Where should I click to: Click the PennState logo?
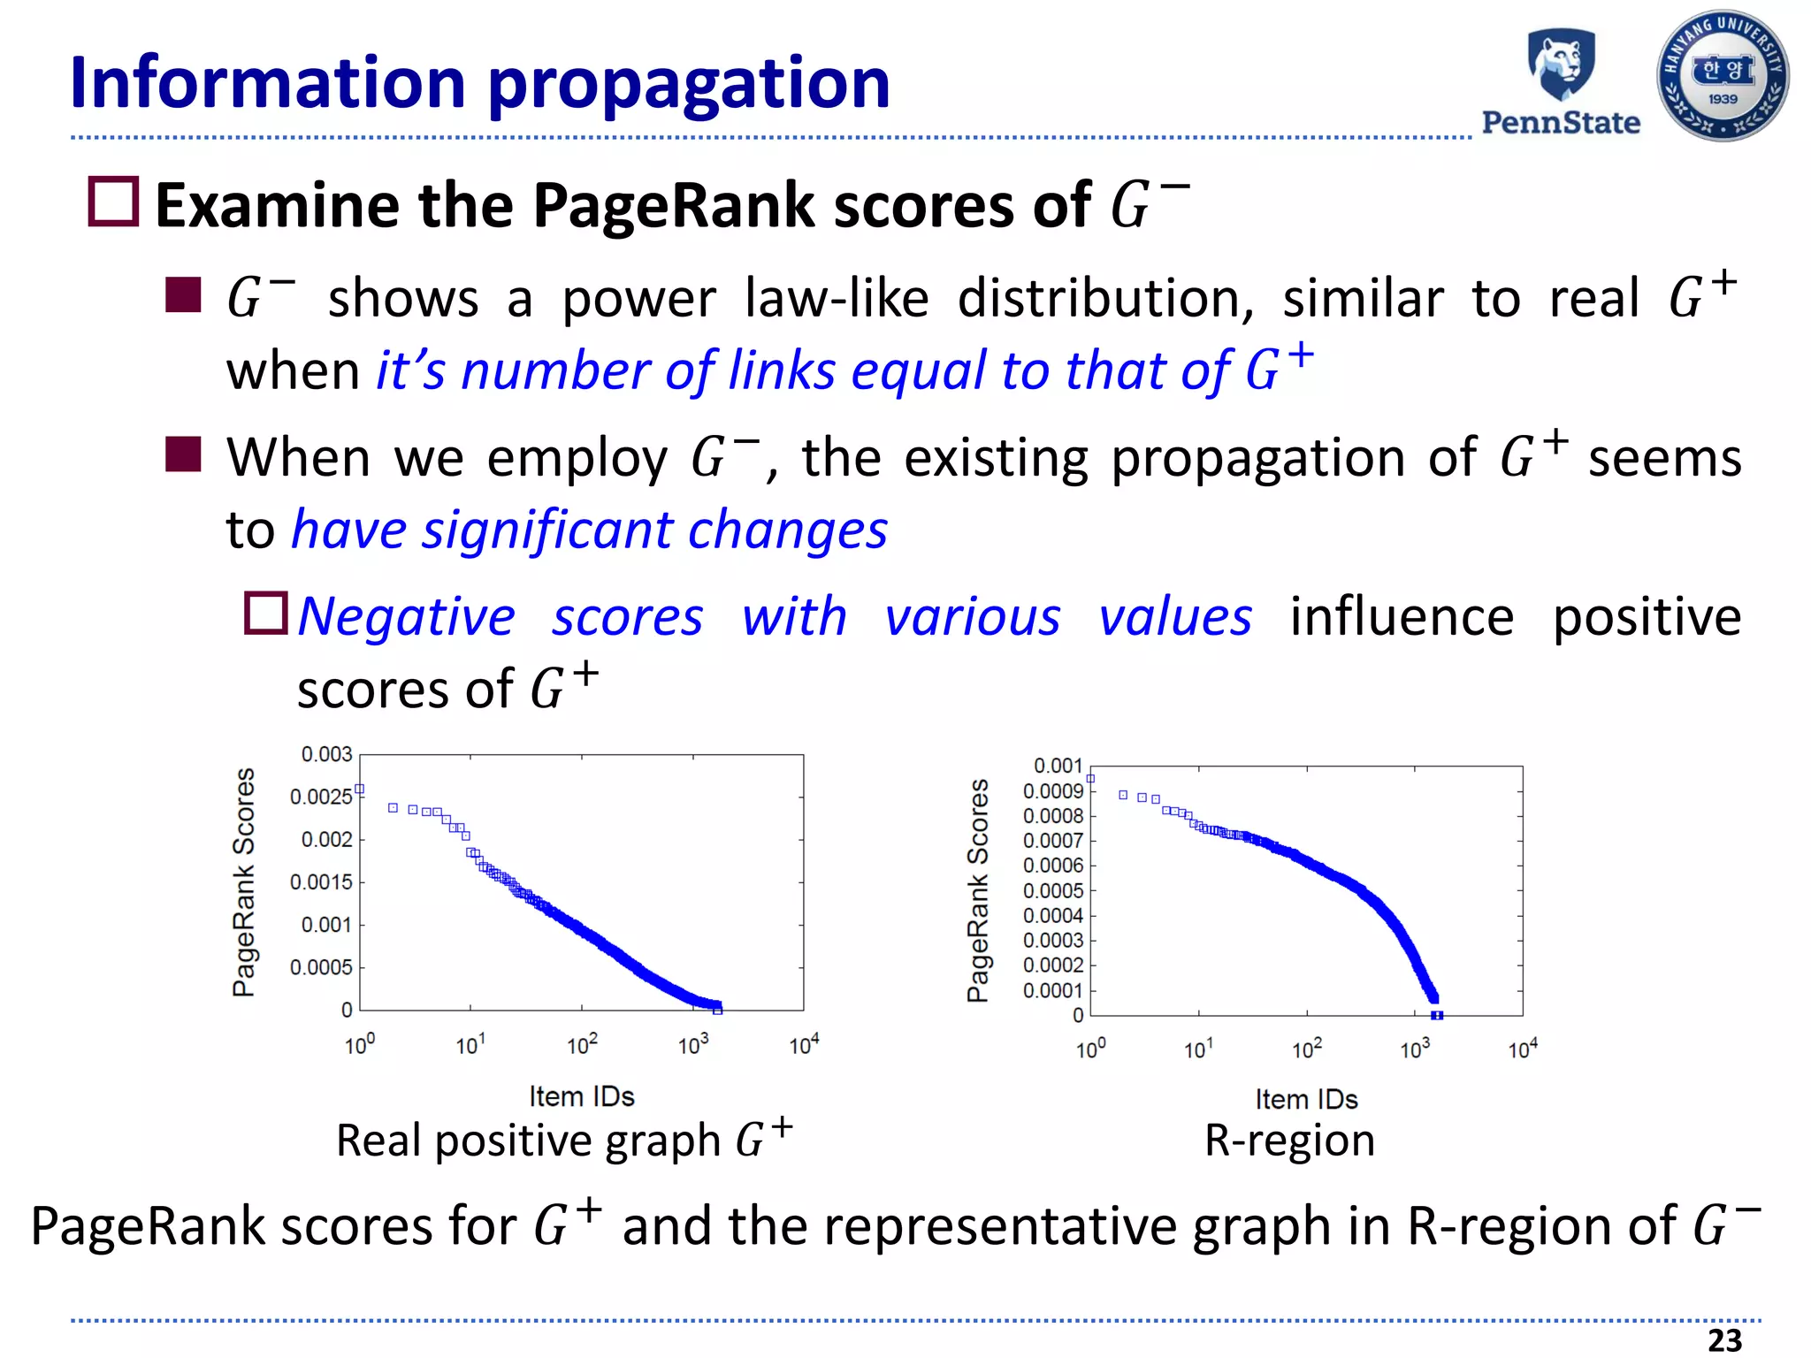(x=1561, y=81)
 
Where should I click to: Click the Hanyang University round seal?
(x=1723, y=77)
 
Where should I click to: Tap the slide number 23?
(x=1724, y=1340)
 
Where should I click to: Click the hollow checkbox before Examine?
(x=114, y=202)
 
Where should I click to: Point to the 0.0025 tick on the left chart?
(x=321, y=797)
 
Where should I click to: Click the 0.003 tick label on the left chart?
(x=326, y=754)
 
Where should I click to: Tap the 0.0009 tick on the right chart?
(x=1052, y=791)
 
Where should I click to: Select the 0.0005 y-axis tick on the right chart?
(x=1052, y=890)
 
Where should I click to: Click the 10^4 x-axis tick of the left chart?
(x=804, y=1045)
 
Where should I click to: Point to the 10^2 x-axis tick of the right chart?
(x=1306, y=1049)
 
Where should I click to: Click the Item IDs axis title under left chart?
(x=582, y=1096)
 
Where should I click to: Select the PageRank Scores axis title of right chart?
(x=977, y=890)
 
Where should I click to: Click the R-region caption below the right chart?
(x=1289, y=1141)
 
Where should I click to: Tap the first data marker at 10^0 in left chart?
(x=360, y=789)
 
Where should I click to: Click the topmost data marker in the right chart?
(x=1090, y=779)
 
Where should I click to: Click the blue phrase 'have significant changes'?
(x=589, y=530)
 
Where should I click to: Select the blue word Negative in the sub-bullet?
(x=407, y=616)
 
